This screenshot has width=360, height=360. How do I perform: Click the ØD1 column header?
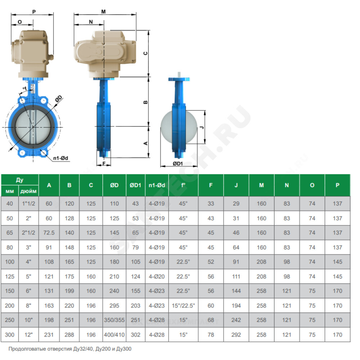coord(135,185)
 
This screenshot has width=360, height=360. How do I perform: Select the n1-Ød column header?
coord(157,185)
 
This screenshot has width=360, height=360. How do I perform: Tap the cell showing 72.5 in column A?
coord(49,233)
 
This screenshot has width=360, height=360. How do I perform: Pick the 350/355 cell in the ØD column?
coord(114,320)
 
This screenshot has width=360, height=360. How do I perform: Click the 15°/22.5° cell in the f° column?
coord(184,306)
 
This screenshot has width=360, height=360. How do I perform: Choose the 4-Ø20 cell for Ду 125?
coord(157,276)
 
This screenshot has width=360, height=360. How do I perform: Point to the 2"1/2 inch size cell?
coord(28,233)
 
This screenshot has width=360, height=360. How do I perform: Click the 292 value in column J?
coord(236,335)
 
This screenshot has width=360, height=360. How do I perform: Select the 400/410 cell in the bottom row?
coord(114,335)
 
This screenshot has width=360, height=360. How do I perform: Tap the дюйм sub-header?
coord(28,191)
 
